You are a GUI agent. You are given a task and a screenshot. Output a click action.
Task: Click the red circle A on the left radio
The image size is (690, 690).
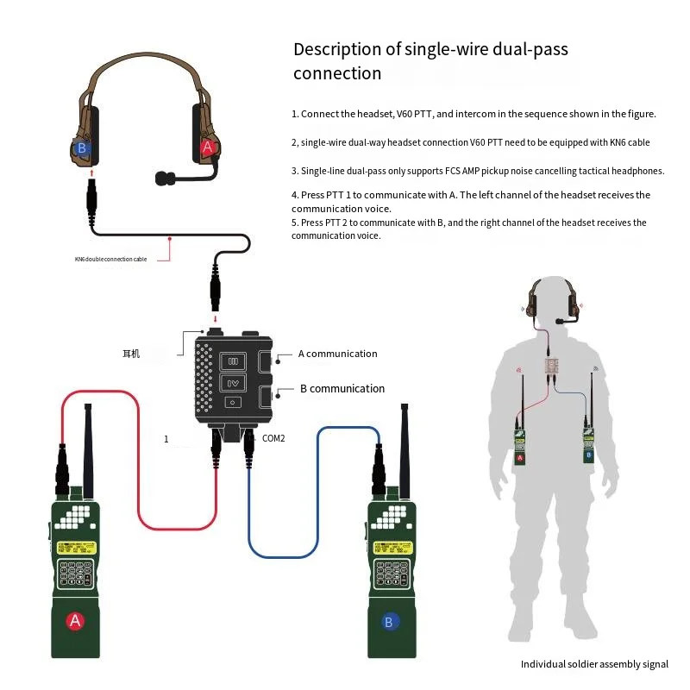click(x=75, y=620)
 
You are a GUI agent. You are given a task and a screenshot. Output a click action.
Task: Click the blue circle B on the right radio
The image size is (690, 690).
click(x=390, y=620)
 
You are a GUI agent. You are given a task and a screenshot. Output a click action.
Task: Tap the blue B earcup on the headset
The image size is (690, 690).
click(x=82, y=147)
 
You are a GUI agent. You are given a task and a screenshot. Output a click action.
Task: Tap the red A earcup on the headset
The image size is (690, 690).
click(x=206, y=147)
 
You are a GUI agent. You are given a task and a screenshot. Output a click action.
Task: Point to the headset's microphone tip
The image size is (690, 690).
click(x=160, y=179)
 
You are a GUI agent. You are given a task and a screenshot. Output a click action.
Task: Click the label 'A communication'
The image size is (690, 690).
click(x=337, y=354)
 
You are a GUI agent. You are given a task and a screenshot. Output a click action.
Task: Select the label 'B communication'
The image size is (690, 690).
click(x=342, y=389)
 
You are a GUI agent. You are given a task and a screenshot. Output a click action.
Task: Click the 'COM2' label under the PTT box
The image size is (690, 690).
click(x=273, y=438)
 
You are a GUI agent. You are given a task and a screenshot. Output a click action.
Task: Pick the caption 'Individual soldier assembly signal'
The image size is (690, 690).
click(x=594, y=664)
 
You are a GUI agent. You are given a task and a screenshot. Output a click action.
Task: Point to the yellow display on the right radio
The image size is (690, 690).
click(x=392, y=548)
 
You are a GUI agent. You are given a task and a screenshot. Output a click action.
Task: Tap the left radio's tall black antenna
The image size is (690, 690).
click(x=88, y=448)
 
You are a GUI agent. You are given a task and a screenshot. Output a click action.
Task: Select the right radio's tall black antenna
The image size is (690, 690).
click(x=404, y=448)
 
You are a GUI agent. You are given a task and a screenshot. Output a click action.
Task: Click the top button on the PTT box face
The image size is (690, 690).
click(x=231, y=361)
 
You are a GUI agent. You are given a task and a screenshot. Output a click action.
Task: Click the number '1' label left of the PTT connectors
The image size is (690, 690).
click(x=166, y=439)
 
